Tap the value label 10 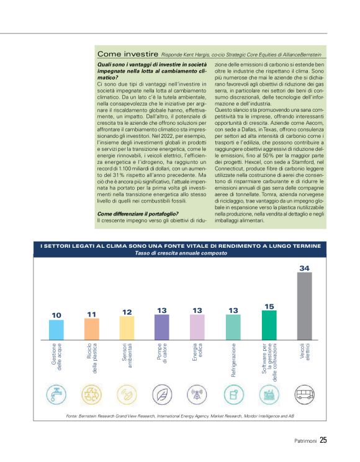tap(56, 315)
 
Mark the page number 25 tap(323, 441)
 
